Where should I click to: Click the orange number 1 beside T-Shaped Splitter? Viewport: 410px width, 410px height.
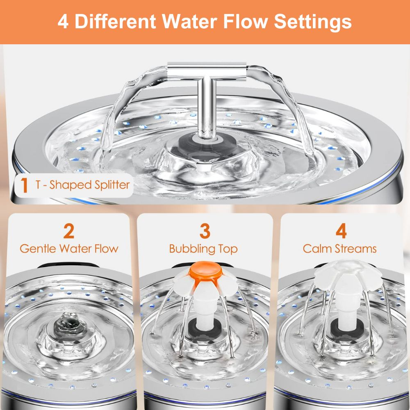coord(25,185)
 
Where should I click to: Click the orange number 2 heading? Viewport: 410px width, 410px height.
coord(68,231)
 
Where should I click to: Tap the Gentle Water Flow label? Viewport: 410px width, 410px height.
coord(69,248)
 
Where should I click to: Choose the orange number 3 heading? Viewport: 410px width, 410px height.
coord(204,231)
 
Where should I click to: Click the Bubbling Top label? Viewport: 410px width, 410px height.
coord(203,249)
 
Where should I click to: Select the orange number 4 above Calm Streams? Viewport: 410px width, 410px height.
coord(341,231)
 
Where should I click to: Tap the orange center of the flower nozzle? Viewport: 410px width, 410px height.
coord(203,270)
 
